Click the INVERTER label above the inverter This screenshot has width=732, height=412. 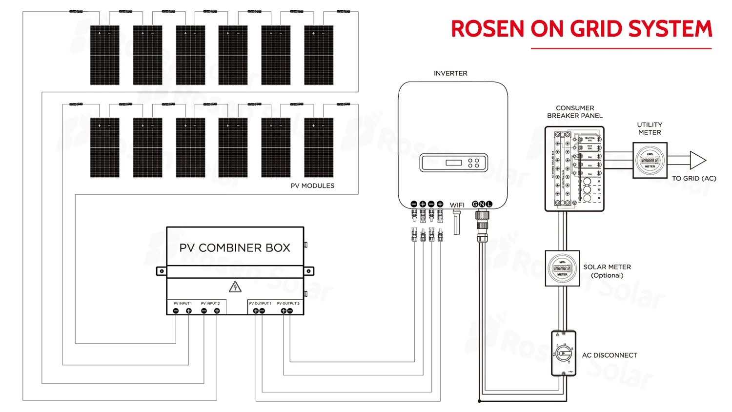point(450,73)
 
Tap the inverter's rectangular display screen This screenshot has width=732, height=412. point(454,163)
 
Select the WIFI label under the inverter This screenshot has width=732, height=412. point(457,205)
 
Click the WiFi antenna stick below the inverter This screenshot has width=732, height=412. point(457,223)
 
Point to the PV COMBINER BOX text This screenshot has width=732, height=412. point(235,248)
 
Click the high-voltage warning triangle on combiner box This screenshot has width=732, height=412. point(235,287)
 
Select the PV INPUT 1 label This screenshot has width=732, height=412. point(183,304)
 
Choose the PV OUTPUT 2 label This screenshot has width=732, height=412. point(288,304)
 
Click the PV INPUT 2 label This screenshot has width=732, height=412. point(210,304)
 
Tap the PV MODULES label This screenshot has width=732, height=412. point(312,186)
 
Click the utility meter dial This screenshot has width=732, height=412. point(650,160)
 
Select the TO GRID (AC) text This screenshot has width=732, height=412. point(694,179)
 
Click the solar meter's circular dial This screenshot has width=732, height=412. point(562,268)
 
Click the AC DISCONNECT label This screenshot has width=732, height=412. point(610,355)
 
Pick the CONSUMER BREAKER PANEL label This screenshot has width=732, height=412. point(575,112)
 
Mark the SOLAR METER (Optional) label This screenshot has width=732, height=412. point(607,271)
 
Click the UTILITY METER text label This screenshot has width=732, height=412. point(650,128)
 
